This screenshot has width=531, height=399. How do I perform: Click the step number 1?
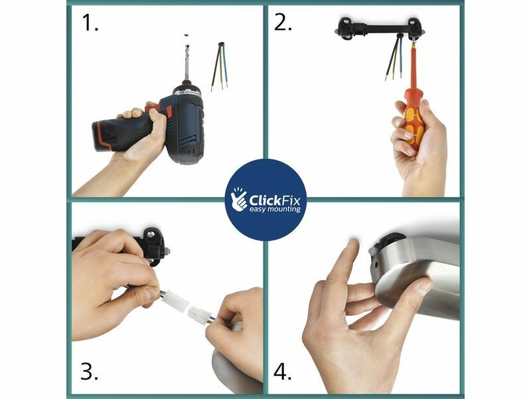coord(90,23)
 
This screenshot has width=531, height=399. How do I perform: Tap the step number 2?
coord(283,23)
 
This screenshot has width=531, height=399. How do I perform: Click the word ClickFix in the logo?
coord(274,200)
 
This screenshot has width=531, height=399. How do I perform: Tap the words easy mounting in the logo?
coord(275,209)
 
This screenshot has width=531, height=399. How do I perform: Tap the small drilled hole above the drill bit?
coord(186,35)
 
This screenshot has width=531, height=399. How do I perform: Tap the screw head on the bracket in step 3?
coord(151,234)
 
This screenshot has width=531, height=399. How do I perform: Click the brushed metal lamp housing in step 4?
coord(416,275)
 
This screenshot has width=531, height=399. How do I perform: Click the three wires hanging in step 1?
coord(220,66)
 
